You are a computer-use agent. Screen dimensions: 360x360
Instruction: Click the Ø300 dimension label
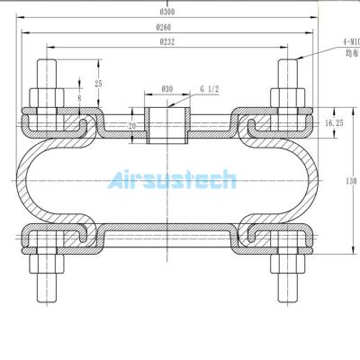click(x=166, y=12)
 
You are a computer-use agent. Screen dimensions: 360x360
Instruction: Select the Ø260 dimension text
click(x=166, y=27)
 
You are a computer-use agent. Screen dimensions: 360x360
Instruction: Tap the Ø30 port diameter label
click(x=166, y=89)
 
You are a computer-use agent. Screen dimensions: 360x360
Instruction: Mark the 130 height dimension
click(x=351, y=179)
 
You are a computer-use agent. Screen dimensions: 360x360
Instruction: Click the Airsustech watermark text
click(x=171, y=181)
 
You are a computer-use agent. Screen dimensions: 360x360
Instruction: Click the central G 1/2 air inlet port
click(x=166, y=122)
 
